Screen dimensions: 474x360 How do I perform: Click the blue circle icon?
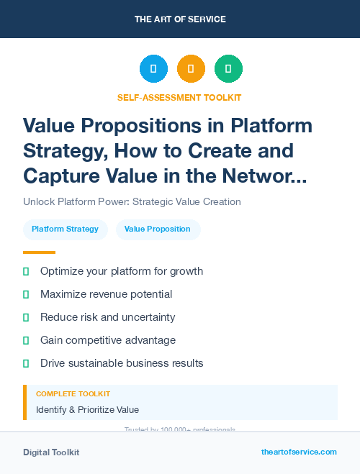153,69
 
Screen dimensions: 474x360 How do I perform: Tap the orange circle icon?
191,69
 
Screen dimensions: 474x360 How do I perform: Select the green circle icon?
228,69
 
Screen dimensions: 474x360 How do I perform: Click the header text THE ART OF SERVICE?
180,19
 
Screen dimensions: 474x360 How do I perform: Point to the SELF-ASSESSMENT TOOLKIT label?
179,97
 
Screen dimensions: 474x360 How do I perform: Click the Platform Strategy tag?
65,229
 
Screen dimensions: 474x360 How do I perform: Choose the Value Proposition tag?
158,229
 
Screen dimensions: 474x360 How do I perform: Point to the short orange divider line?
39,252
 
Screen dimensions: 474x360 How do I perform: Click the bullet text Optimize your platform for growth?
121,271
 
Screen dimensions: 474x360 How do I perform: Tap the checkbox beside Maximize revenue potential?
26,294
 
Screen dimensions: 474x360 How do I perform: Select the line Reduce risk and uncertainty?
107,317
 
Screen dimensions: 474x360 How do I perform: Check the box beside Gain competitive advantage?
26,340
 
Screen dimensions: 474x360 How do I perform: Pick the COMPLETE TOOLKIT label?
73,394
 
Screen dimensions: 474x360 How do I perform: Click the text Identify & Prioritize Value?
87,410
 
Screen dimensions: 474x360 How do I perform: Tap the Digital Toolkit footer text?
51,452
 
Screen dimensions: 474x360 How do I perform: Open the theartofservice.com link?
299,452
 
